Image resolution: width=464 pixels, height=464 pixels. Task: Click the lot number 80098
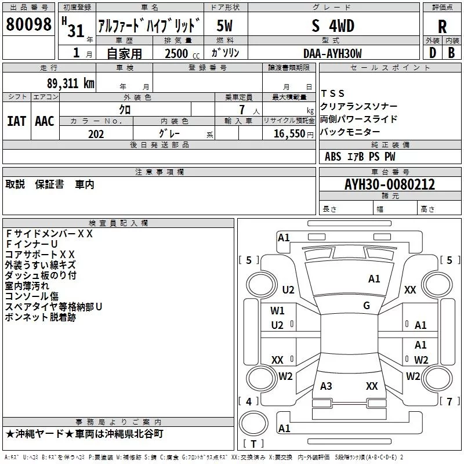click(28, 24)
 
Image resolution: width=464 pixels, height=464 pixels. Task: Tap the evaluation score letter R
click(442, 26)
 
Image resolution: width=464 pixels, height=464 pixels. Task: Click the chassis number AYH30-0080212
click(389, 184)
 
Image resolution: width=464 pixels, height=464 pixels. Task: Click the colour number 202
click(96, 134)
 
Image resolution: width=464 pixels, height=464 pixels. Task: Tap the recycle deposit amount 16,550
click(288, 134)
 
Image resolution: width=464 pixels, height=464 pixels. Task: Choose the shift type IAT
click(16, 121)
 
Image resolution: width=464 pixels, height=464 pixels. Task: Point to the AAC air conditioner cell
click(45, 121)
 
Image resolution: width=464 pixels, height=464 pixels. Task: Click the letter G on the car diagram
click(367, 306)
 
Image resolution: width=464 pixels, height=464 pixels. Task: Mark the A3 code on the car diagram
click(326, 386)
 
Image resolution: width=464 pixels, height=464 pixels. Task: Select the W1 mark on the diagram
click(277, 310)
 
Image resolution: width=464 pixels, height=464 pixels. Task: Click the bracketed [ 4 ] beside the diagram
click(249, 401)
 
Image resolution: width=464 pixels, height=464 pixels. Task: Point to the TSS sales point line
click(333, 93)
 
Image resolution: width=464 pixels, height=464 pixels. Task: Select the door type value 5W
click(225, 26)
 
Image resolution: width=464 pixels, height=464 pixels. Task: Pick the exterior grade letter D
click(432, 53)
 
